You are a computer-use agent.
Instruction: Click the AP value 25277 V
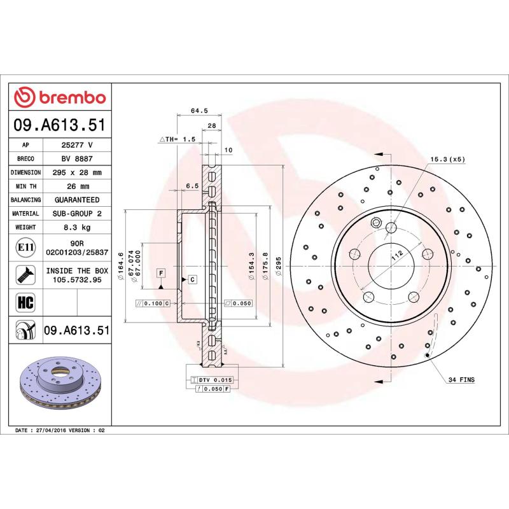point(77,145)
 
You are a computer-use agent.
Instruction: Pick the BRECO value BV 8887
point(77,158)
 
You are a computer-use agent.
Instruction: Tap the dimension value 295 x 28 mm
point(77,172)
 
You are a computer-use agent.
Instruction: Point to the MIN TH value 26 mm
point(77,186)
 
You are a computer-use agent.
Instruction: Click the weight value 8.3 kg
point(77,227)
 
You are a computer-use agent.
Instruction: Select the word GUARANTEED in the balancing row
point(77,200)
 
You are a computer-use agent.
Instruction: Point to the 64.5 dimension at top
point(199,110)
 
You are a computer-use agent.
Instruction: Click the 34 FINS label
point(461,379)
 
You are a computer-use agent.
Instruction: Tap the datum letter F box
point(161,273)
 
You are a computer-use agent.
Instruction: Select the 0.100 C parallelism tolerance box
point(153,303)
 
